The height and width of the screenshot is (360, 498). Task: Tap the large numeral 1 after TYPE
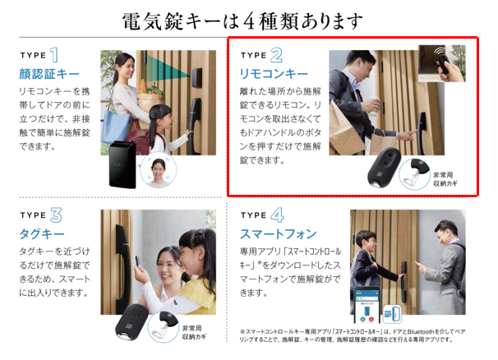pyautogui.click(x=54, y=56)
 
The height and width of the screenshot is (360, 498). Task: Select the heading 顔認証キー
pyautogui.click(x=48, y=74)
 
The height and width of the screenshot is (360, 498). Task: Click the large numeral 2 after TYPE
pyautogui.click(x=276, y=56)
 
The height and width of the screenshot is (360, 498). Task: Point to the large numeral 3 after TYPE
pyautogui.click(x=56, y=215)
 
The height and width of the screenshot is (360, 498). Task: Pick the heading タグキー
pyautogui.click(x=41, y=234)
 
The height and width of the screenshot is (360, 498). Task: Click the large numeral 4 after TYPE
pyautogui.click(x=277, y=215)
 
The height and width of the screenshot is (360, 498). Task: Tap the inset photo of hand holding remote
pyautogui.click(x=444, y=64)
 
